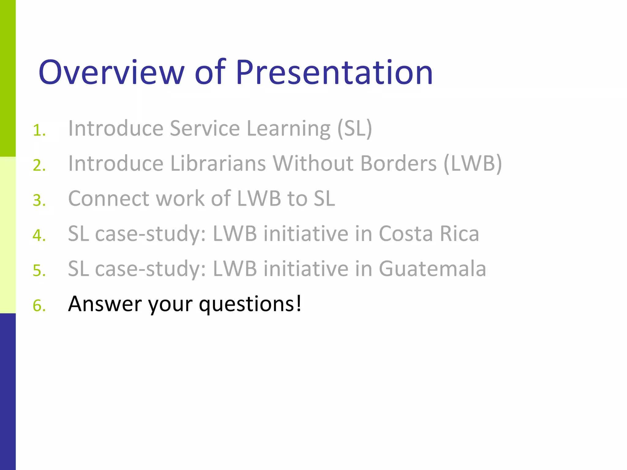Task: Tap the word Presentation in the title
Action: [334, 72]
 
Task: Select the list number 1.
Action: [39, 130]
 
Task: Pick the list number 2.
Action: [39, 166]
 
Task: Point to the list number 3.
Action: [39, 201]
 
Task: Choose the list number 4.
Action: [39, 236]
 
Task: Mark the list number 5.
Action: [39, 271]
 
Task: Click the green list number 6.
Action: [39, 306]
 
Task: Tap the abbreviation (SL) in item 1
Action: [355, 129]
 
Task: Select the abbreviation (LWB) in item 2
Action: [473, 163]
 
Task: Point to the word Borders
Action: [398, 163]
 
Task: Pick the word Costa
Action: [406, 234]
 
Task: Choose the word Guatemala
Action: [432, 269]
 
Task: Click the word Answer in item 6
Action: [105, 304]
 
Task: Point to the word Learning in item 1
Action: [288, 129]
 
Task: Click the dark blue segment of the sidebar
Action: [8, 392]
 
